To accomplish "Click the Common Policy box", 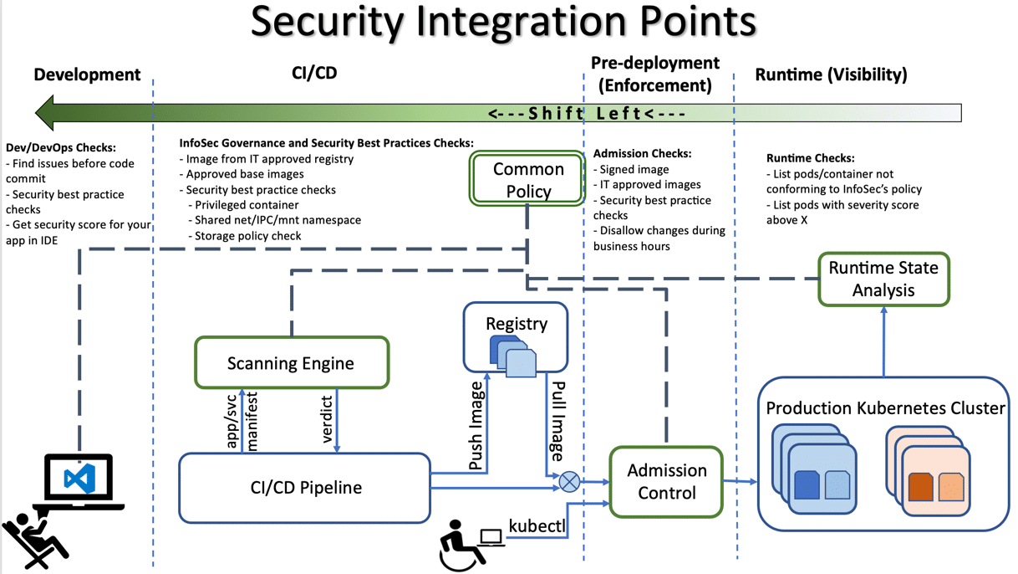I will (x=527, y=179).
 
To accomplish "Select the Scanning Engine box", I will (x=291, y=363).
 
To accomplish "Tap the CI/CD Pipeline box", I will (x=305, y=488).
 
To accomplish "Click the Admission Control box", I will (x=666, y=482).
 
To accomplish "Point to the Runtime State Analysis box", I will (x=883, y=279).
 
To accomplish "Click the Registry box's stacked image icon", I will (x=513, y=356).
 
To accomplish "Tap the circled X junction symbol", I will (x=569, y=481).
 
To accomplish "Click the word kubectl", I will (x=537, y=525).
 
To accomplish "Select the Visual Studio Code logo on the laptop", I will (x=79, y=479).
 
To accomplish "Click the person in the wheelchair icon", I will (x=456, y=546).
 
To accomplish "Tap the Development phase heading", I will (x=87, y=74).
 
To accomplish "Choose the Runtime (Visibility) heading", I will (x=831, y=74).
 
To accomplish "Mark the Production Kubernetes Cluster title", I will (x=884, y=408).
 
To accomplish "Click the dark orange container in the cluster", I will (x=920, y=488).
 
